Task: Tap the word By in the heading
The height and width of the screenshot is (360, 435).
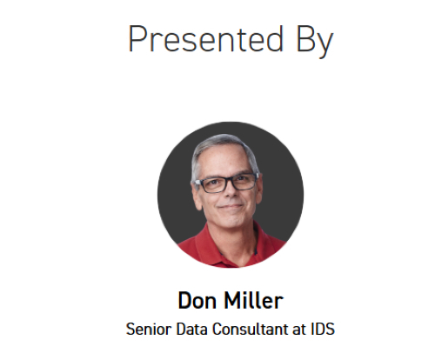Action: coord(311,41)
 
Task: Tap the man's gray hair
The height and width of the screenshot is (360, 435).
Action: coord(217,150)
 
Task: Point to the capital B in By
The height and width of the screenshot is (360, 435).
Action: coord(302,39)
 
